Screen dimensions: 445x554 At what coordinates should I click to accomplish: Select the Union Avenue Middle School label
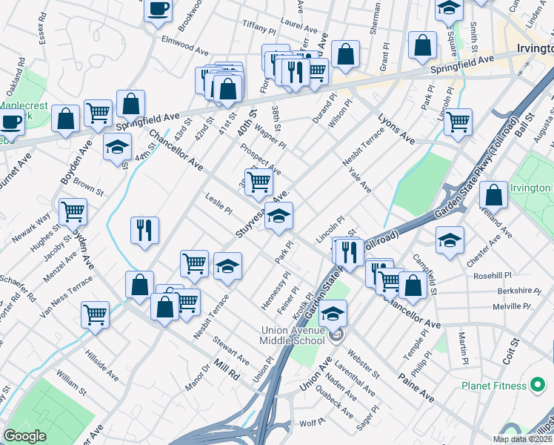pyautogui.click(x=292, y=335)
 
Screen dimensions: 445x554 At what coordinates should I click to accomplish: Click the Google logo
pyautogui.click(x=24, y=436)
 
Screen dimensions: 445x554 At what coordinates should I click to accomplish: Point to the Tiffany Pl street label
pyautogui.click(x=258, y=26)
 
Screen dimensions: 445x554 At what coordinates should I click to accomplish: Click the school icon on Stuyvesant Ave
pyautogui.click(x=278, y=217)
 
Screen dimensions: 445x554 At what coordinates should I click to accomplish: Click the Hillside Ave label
pyautogui.click(x=101, y=365)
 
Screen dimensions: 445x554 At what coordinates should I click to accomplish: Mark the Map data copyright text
pyautogui.click(x=522, y=439)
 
